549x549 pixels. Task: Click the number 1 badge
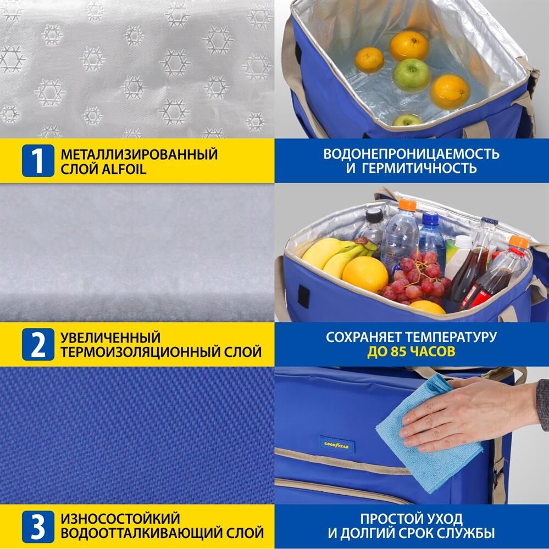[38, 161]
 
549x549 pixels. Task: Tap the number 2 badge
[38, 345]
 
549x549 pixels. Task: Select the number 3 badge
[38, 527]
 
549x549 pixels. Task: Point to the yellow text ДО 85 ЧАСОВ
[411, 351]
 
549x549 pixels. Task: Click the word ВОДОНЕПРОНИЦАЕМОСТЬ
[411, 154]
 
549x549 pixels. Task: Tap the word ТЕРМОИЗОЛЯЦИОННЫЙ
[140, 352]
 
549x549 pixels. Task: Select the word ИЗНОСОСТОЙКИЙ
[120, 519]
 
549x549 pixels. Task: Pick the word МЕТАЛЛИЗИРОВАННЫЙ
[139, 154]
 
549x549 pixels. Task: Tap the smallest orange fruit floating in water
[369, 59]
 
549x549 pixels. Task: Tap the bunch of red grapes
[415, 280]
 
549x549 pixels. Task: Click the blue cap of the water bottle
[430, 219]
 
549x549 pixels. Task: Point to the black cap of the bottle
[374, 214]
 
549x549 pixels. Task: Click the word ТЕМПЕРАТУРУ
[451, 337]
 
